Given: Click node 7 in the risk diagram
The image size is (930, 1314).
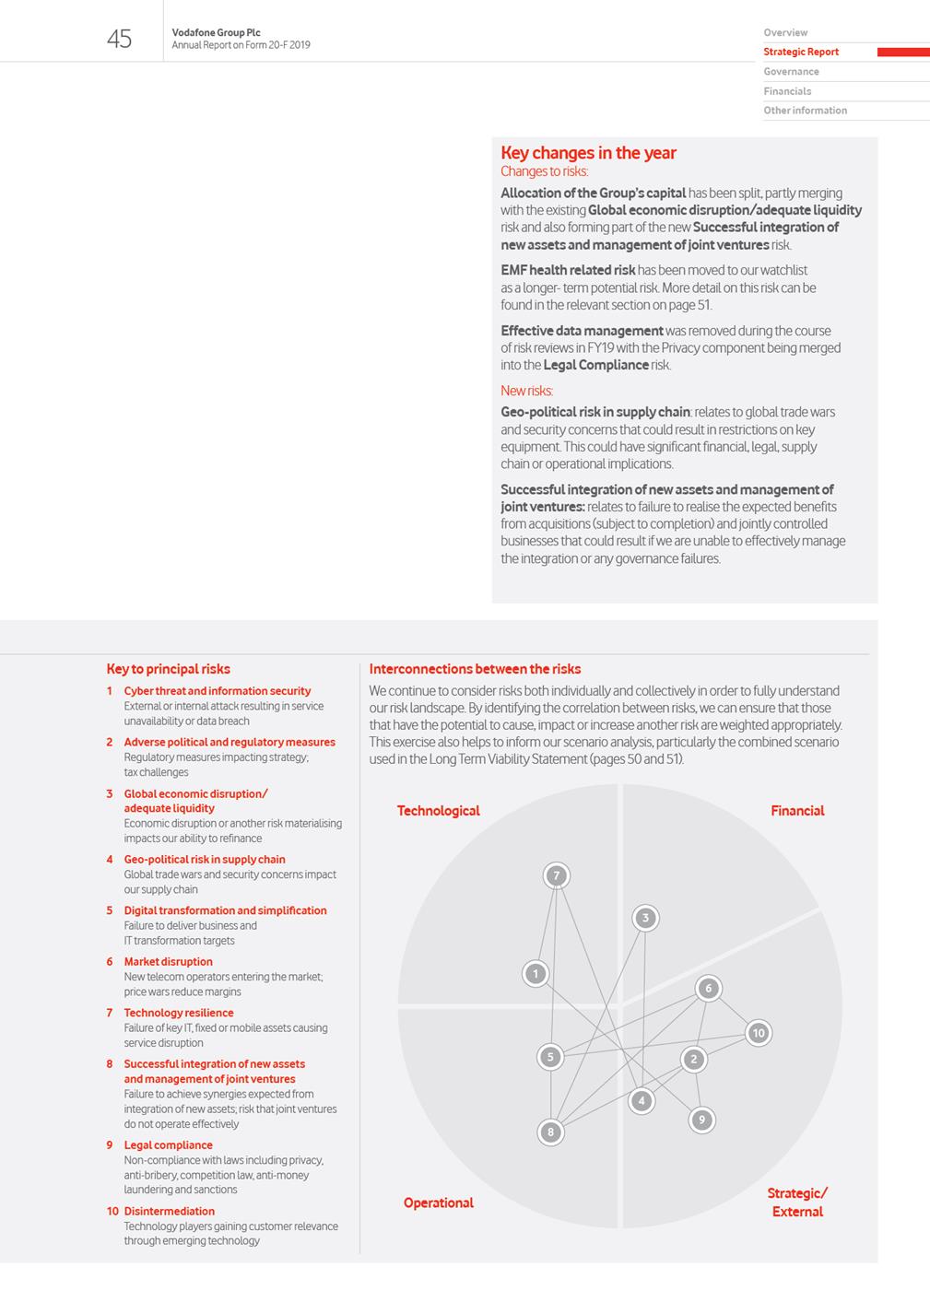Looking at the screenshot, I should pos(556,875).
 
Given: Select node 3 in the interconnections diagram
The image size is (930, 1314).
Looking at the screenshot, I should pos(645,918).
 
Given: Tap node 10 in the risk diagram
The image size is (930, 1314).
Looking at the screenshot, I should pos(758,1033).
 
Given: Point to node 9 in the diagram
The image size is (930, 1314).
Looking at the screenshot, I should pos(701,1120).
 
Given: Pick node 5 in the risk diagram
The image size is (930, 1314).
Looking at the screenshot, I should pos(550,1057).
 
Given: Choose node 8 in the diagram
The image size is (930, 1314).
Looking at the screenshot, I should pos(550,1132).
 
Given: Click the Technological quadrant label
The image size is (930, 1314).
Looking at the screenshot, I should pos(438,811).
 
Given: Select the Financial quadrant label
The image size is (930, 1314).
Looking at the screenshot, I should pos(797,811).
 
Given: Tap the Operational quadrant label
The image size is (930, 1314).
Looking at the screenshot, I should pos(438,1203).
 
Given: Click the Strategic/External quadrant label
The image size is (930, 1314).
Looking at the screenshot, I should pos(797,1203).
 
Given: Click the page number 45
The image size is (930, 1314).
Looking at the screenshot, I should pos(119,39).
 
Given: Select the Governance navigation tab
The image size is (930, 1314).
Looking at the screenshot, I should pos(791,72).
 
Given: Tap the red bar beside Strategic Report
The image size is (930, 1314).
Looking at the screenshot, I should pos(902,53).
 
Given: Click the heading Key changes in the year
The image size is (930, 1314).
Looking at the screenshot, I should pos(588,153).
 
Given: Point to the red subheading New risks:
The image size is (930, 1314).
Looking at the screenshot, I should pos(526,391).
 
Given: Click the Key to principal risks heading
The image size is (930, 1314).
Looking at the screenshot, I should pos(168,669).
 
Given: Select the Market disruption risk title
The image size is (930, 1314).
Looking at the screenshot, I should pos(168,962).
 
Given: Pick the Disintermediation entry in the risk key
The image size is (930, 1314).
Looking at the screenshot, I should pos(169,1212).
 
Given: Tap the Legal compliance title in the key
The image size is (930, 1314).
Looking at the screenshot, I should pos(168,1145).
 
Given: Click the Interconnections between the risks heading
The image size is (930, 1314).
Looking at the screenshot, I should pos(475,669).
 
